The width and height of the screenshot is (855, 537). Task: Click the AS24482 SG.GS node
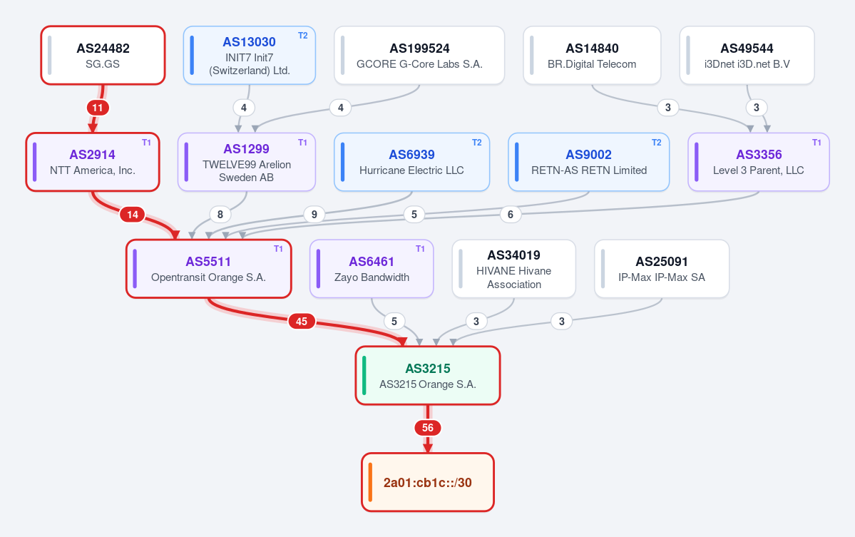(103, 56)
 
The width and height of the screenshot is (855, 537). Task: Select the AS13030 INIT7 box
(249, 56)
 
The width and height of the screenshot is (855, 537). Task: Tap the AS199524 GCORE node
(419, 56)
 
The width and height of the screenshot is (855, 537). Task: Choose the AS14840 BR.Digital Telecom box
(592, 56)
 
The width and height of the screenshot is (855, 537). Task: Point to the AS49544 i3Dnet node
(747, 56)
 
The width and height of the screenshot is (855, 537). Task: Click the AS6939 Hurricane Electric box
(411, 162)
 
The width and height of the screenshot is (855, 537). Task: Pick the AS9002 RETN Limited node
(589, 162)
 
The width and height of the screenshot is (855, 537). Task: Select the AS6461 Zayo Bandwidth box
(372, 269)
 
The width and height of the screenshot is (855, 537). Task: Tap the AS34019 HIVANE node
(513, 269)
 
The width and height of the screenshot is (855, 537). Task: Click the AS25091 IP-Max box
(662, 269)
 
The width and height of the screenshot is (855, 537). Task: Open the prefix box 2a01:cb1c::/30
(428, 483)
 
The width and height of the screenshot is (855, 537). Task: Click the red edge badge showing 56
(428, 428)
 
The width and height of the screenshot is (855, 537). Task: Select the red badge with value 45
(302, 321)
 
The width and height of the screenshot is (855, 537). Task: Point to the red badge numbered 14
(133, 215)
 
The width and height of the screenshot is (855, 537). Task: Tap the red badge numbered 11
(98, 108)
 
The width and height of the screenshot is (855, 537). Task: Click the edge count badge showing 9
(314, 214)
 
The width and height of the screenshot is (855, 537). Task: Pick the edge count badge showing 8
(220, 214)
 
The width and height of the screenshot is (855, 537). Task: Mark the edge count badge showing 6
(511, 214)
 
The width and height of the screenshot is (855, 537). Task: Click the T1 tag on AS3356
(816, 143)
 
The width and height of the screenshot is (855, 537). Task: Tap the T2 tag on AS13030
(302, 36)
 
